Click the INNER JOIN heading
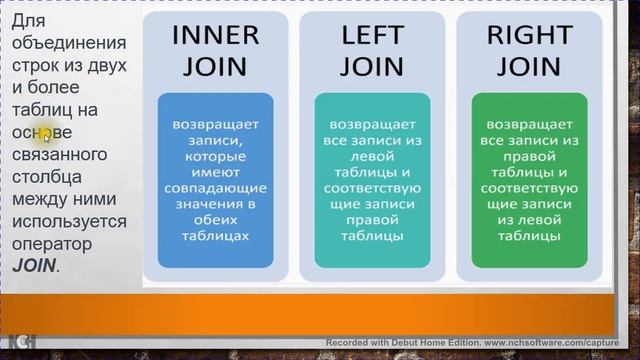pyautogui.click(x=215, y=50)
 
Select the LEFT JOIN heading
pyautogui.click(x=372, y=50)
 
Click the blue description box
pyautogui.click(x=215, y=180)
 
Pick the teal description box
pyautogui.click(x=372, y=180)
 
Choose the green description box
pyautogui.click(x=529, y=180)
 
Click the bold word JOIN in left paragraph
pyautogui.click(x=34, y=266)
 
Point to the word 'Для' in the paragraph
pyautogui.click(x=31, y=21)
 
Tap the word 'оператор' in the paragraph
pyautogui.click(x=51, y=243)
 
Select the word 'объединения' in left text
pyautogui.click(x=68, y=43)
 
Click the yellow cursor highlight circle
pyautogui.click(x=46, y=136)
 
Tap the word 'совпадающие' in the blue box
pyautogui.click(x=215, y=188)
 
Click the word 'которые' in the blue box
pyautogui.click(x=215, y=156)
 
